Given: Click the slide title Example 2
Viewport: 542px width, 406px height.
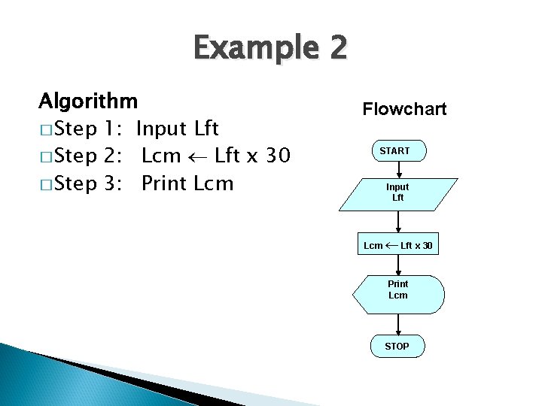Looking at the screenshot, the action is tap(270, 49).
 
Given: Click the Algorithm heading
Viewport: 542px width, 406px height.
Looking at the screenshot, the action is tap(88, 100).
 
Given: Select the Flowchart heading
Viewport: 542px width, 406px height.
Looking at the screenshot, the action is tap(404, 109).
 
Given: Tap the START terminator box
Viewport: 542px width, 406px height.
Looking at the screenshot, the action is tap(395, 151).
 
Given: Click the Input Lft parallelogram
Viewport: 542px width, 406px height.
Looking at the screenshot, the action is tap(397, 192).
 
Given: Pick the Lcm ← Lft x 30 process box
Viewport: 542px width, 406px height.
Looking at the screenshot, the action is tap(397, 245).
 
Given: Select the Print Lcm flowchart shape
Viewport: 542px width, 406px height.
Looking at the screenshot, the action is tap(398, 289).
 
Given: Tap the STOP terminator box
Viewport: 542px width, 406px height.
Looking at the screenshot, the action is tap(397, 346).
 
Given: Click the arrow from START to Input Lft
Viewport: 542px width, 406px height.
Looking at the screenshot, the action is tap(398, 170).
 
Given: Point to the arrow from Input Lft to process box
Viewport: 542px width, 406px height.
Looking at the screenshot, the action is tap(398, 221).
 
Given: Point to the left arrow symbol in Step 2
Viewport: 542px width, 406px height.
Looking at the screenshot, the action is tap(198, 157).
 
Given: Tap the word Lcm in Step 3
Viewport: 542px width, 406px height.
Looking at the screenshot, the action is tap(214, 183).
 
